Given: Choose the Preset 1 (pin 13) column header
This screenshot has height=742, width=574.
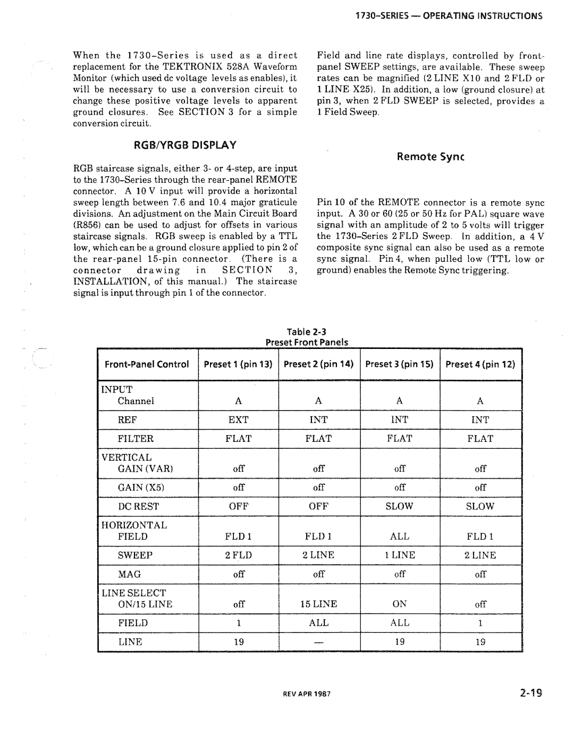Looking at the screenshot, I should (238, 364).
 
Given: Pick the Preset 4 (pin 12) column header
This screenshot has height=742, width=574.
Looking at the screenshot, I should (480, 364).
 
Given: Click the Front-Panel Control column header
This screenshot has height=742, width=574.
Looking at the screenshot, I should (147, 364).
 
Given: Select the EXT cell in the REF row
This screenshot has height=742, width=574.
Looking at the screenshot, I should (238, 420).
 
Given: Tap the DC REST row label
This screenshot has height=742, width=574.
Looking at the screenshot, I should (138, 506).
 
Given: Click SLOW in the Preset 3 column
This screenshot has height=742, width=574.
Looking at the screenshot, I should (399, 506).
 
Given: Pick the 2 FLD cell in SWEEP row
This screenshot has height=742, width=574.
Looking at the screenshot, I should (238, 555).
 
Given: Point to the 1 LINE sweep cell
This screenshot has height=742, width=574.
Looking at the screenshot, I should (399, 555).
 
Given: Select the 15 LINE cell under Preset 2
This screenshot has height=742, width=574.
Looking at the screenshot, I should (318, 604).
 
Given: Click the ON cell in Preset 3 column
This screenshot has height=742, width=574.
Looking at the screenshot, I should (399, 604).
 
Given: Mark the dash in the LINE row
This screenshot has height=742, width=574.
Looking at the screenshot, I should (318, 642).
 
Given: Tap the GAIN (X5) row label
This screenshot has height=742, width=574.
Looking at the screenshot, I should (138, 487).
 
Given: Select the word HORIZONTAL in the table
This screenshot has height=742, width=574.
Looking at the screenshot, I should (134, 525).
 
